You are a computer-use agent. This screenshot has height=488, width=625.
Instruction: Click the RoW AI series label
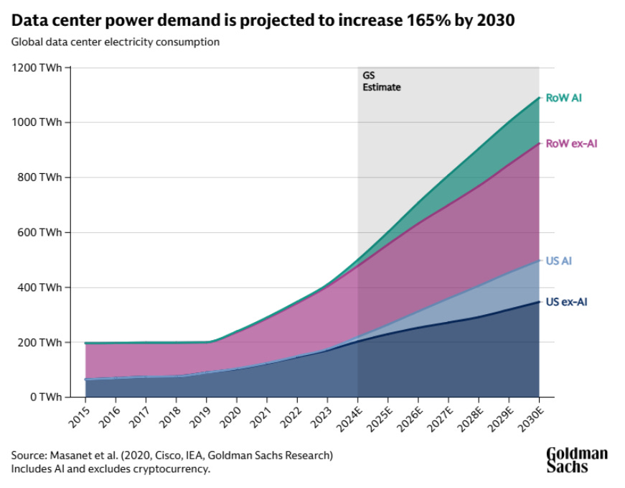[563, 98]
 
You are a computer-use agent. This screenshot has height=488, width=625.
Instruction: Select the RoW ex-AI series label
[571, 144]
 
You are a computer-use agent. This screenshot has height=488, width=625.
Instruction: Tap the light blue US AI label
[558, 261]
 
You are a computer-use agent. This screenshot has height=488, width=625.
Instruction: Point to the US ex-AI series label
[567, 303]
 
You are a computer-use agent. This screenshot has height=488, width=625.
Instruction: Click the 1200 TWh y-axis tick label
[36, 68]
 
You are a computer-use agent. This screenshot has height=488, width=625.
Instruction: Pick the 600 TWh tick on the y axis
[39, 233]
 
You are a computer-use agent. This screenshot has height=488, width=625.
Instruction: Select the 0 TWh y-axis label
[44, 397]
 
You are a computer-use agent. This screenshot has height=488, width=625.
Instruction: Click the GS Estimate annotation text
[381, 81]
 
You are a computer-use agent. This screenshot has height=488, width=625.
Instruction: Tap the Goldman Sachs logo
[577, 460]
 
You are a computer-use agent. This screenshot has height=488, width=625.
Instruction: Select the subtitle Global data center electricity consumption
[116, 42]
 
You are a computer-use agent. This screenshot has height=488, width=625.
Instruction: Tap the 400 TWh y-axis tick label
[39, 287]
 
